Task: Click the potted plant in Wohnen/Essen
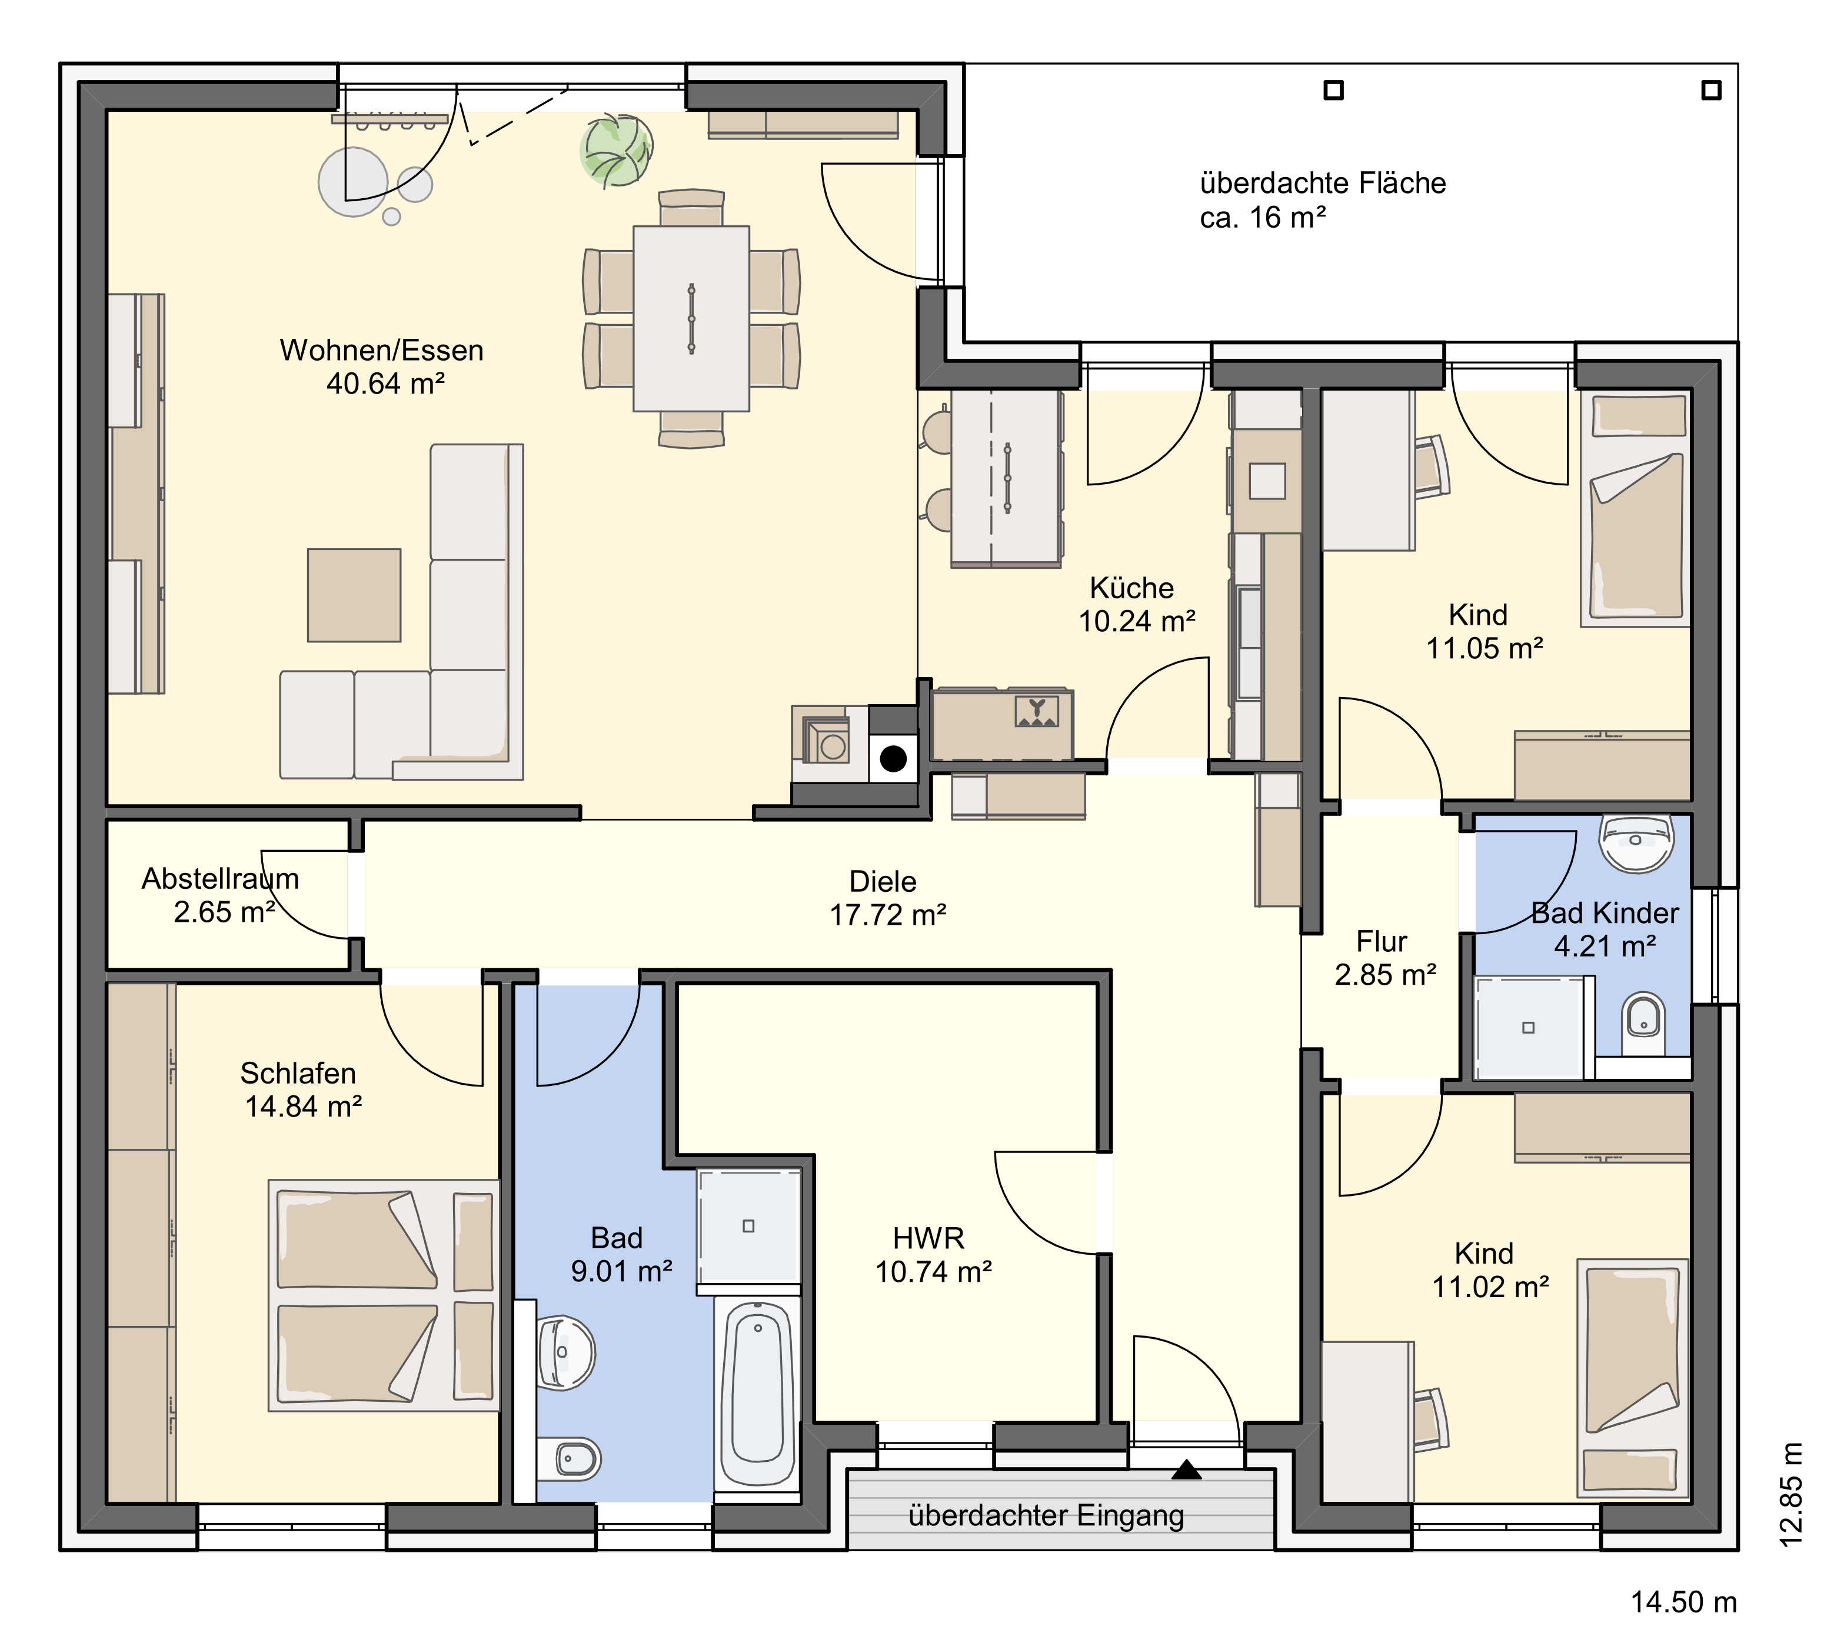coord(616,150)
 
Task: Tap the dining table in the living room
coord(691,318)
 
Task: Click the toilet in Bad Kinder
coord(1643,1024)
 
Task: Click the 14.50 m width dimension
coord(1683,1602)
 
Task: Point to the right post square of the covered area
coord(1712,91)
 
